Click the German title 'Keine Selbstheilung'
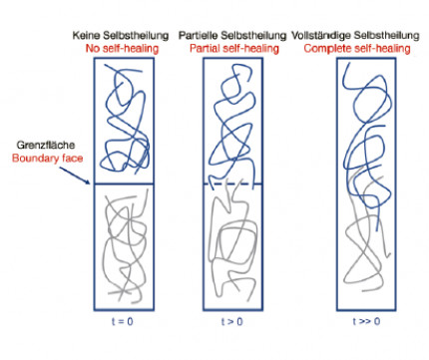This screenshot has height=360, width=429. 121,35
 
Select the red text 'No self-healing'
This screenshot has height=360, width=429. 122,49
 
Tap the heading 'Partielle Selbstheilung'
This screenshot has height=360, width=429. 232,35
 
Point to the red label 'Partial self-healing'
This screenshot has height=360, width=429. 234,49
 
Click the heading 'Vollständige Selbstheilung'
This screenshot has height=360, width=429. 355,35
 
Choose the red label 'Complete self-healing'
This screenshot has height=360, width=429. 357,49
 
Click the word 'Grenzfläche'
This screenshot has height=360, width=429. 46,145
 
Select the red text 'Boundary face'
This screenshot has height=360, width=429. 47,158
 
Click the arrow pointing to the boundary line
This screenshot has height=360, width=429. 75,176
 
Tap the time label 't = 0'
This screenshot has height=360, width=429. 123,321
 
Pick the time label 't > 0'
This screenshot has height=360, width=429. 232,321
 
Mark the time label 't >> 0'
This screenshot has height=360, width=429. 366,321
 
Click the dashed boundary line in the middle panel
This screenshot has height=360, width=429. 232,183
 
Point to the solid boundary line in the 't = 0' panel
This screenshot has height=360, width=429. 124,183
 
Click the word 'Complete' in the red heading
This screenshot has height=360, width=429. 327,49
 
